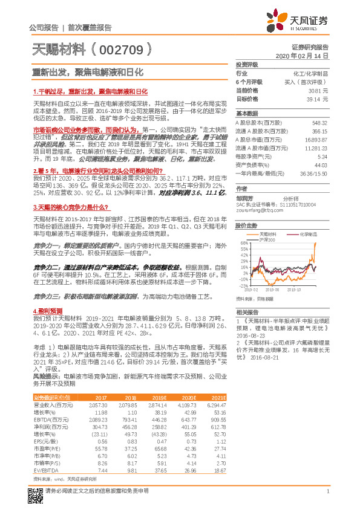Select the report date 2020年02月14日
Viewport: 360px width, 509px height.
click(x=305, y=55)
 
